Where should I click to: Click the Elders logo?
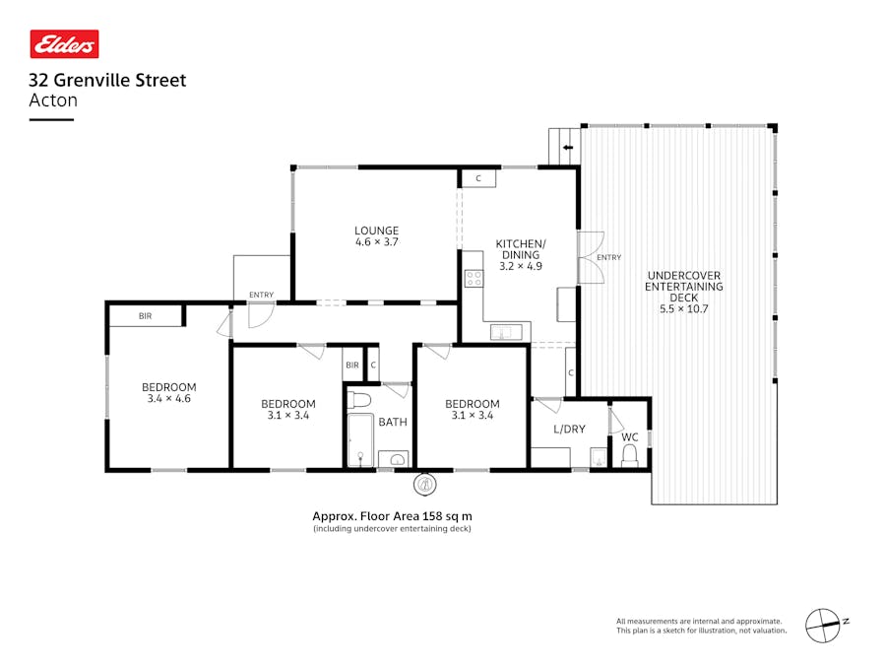tap(65, 43)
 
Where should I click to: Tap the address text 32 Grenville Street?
tap(107, 81)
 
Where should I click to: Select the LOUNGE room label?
tap(376, 231)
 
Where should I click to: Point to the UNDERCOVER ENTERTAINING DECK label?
tap(683, 287)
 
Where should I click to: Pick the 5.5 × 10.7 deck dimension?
tap(683, 309)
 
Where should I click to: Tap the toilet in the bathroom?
tap(358, 400)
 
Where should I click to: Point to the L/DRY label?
tap(569, 430)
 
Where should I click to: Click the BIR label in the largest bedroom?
tap(145, 316)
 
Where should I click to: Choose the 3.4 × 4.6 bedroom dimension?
tap(168, 399)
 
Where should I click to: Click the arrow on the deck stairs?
tap(568, 148)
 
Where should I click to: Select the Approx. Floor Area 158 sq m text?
tap(392, 515)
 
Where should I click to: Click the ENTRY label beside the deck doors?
tap(609, 258)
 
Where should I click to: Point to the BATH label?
tap(393, 423)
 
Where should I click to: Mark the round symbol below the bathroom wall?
tap(425, 484)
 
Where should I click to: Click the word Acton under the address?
tap(53, 100)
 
